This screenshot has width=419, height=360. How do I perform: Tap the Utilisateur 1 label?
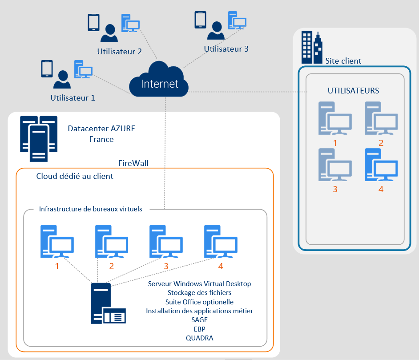pos(73,97)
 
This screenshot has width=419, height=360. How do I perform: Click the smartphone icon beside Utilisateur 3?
pos(200,20)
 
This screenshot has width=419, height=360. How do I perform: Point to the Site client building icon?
pos(312,47)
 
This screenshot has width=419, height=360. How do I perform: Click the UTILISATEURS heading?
pos(353,91)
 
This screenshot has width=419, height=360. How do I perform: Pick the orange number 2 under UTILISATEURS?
pos(381,143)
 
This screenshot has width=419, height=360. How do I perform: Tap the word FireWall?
pos(133,163)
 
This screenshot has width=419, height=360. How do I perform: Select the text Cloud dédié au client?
pos(75,176)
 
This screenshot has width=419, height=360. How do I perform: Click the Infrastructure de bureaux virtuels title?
pos(91,209)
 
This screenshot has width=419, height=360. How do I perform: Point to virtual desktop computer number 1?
pos(57,242)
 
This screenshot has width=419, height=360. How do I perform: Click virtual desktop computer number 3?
pos(166,242)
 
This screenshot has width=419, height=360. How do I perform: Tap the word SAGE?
pos(199,320)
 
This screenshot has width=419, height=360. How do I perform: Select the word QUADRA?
pos(199,338)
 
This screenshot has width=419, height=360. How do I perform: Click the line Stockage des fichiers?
pos(199,292)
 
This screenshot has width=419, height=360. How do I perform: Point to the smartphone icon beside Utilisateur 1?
pos(47,69)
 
